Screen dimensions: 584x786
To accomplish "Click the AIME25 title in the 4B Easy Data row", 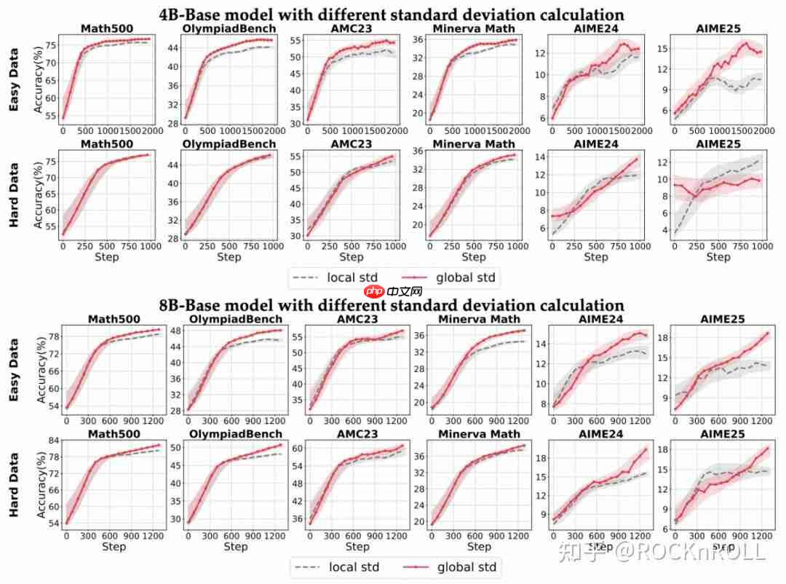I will point(718,29).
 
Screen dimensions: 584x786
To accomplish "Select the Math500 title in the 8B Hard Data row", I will point(114,435).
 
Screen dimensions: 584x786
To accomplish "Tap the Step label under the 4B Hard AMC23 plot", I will point(352,257).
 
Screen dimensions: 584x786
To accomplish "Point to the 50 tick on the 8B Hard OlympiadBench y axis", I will point(177,447).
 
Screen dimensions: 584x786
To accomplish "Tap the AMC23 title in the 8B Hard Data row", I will point(357,435).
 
